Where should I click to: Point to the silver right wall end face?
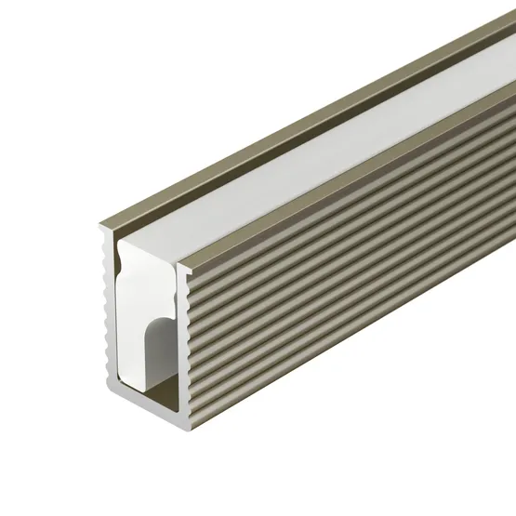coord(187,325)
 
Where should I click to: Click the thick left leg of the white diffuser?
coord(130,325)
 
